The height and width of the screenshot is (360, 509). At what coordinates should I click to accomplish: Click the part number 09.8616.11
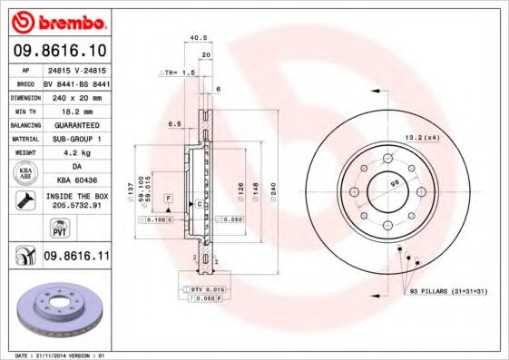[75, 257]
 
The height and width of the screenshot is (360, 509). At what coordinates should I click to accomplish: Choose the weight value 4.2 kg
[75, 152]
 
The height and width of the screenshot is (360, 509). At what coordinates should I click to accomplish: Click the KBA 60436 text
[75, 180]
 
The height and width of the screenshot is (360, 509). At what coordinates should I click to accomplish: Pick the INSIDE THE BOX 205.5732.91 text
[75, 200]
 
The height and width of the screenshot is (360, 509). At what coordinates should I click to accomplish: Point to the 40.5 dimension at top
[194, 38]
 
